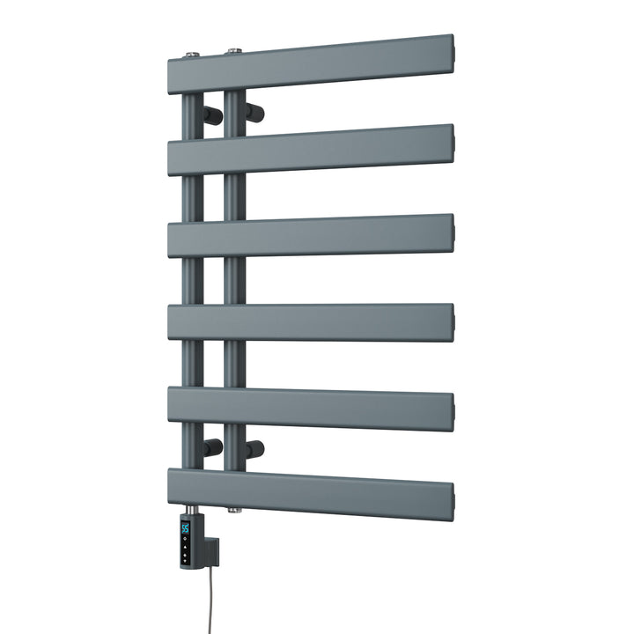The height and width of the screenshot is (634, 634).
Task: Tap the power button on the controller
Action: (186, 557)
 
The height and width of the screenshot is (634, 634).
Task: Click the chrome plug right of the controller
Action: (232, 509)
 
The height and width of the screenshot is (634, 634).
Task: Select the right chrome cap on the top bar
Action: (232, 51)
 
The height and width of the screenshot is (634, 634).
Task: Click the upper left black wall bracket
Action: (211, 114)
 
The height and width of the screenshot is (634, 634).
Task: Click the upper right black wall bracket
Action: (255, 111)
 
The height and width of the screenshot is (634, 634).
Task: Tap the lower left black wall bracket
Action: (211, 447)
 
